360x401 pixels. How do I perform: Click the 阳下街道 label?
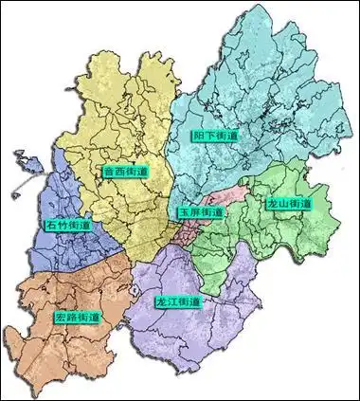(x=215, y=137)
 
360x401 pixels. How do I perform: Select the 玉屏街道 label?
(x=201, y=212)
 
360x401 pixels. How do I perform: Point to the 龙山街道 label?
(x=290, y=204)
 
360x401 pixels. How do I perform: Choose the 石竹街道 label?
(x=67, y=227)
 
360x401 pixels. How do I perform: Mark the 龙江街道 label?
(x=178, y=301)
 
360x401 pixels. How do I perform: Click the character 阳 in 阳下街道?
(x=198, y=137)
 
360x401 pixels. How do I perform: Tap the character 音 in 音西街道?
(x=106, y=172)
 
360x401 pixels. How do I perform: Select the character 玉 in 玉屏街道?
(x=184, y=212)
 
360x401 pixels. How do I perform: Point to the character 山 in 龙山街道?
(x=284, y=204)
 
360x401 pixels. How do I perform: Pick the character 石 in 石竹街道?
(x=50, y=227)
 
